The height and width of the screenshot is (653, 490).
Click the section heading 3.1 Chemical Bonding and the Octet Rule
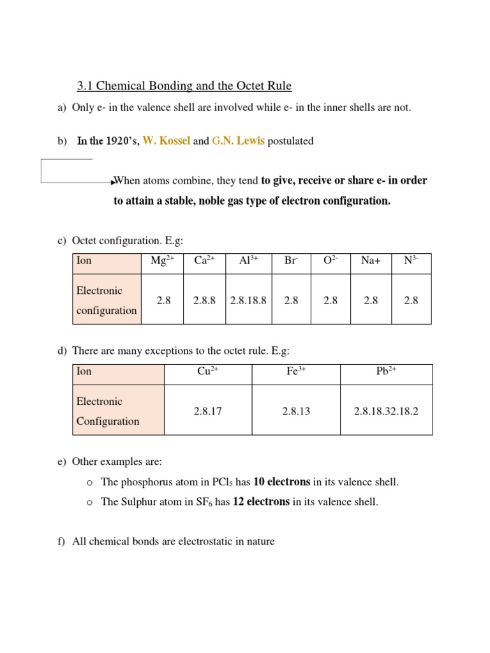pyautogui.click(x=184, y=85)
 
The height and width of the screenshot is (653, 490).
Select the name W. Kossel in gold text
pyautogui.click(x=166, y=141)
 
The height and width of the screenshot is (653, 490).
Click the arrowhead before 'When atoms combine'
pyautogui.click(x=112, y=181)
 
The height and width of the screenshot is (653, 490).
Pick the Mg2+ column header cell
pyautogui.click(x=162, y=261)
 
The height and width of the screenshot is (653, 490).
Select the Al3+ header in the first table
pyautogui.click(x=248, y=261)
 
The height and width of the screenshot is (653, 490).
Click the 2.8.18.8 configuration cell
pyautogui.click(x=248, y=300)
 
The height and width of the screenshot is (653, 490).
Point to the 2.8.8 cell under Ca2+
pyautogui.click(x=204, y=300)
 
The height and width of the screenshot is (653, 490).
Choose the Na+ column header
pyautogui.click(x=371, y=261)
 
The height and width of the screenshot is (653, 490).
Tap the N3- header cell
pyautogui.click(x=411, y=261)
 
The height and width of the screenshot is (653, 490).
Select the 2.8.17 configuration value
pyautogui.click(x=208, y=411)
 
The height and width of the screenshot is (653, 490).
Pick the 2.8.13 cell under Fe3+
pyautogui.click(x=296, y=411)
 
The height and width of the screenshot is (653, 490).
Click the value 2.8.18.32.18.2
pyautogui.click(x=386, y=411)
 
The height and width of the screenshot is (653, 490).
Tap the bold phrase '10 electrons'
pyautogui.click(x=281, y=482)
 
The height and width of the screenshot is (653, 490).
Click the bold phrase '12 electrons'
pyautogui.click(x=261, y=502)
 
